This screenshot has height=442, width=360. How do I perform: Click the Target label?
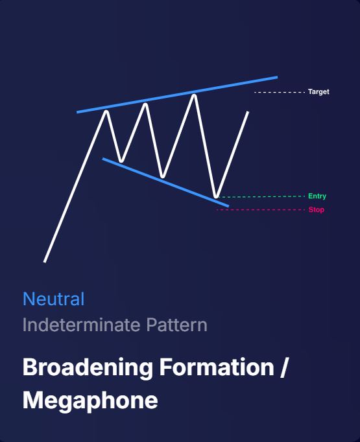point(318,92)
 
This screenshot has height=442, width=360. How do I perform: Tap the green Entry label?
point(317,196)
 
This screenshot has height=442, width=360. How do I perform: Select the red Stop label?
point(317,210)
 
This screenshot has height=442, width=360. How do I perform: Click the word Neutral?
point(54,299)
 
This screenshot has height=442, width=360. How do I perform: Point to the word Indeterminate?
point(82,325)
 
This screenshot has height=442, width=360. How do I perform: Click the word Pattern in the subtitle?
point(177,325)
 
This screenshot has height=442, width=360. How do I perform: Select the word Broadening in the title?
point(88,367)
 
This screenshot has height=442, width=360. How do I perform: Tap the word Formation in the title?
point(217,367)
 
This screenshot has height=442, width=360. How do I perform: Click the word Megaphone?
point(90,401)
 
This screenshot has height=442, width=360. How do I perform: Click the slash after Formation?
point(283,367)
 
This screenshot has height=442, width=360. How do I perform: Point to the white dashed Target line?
point(280,92)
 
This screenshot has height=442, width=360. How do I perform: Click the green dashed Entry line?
point(260,196)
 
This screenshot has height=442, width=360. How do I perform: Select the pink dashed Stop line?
point(260,210)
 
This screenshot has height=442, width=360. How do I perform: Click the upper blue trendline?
point(177,95)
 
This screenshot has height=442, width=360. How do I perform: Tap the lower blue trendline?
point(165,183)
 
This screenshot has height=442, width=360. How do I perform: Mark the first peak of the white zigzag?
point(106,111)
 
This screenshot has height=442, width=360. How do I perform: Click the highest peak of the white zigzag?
point(194,95)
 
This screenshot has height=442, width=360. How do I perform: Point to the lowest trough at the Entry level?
point(216,196)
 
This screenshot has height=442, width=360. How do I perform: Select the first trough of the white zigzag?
point(121,161)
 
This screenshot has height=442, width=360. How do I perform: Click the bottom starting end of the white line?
point(45,262)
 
